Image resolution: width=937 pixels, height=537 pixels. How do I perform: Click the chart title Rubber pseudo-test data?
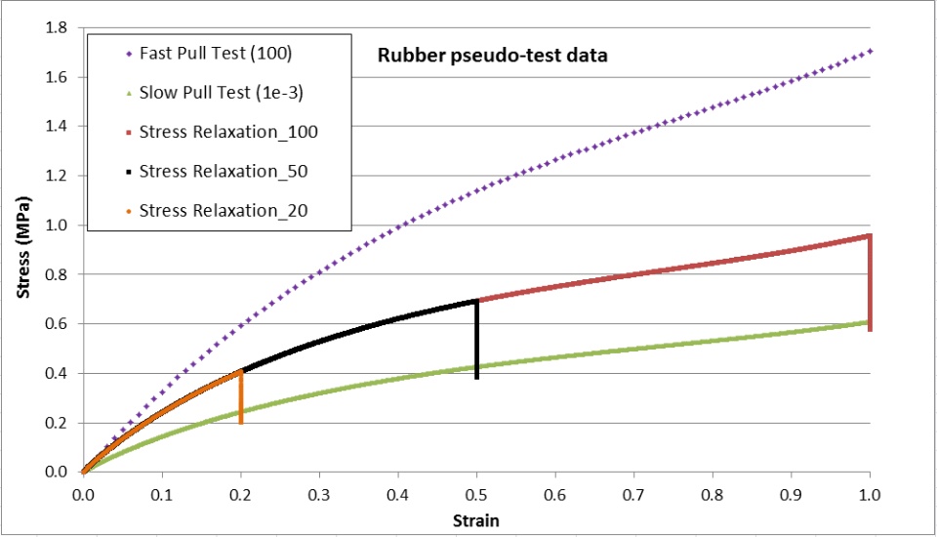click(x=493, y=56)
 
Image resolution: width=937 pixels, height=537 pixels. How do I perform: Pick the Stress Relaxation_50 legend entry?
click(x=210, y=171)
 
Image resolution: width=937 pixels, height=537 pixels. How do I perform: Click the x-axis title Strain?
click(x=476, y=520)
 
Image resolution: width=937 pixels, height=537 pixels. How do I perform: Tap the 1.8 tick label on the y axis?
click(x=56, y=27)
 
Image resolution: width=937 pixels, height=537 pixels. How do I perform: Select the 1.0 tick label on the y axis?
click(x=56, y=225)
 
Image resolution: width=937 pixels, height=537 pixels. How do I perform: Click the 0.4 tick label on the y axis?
click(x=56, y=373)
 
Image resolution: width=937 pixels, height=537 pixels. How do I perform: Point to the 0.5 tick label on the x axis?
click(x=476, y=495)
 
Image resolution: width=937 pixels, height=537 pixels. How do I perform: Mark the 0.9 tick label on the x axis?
click(x=792, y=495)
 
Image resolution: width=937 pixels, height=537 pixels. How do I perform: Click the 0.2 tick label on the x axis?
click(x=240, y=495)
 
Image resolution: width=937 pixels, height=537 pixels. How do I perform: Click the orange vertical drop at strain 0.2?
click(x=240, y=395)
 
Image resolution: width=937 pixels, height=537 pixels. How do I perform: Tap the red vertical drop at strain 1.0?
click(x=870, y=283)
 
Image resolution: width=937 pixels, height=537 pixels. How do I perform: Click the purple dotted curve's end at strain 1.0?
click(x=869, y=51)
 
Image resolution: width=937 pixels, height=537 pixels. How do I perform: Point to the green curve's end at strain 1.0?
click(x=867, y=322)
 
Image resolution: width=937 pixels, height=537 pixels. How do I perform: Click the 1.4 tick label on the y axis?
click(x=56, y=126)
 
